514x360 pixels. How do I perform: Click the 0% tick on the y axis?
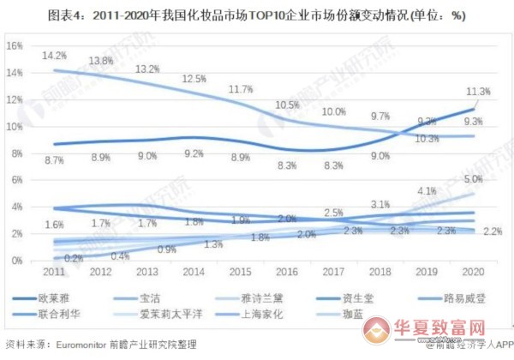pyautogui.click(x=18, y=260)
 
